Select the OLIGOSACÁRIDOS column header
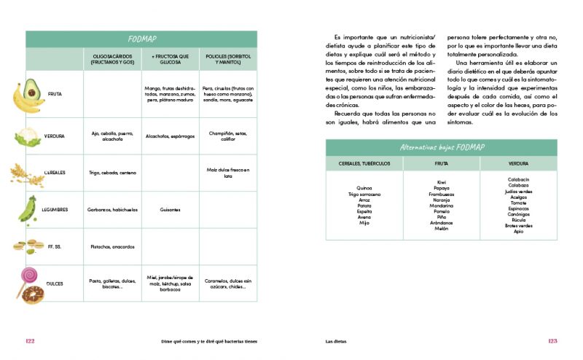click(x=111, y=59)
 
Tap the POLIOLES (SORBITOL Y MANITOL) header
click(x=227, y=59)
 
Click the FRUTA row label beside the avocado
click(x=55, y=94)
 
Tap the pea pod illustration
click(x=28, y=208)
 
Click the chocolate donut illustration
click(x=32, y=294)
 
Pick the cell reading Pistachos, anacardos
click(x=111, y=246)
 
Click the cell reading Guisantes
click(x=170, y=210)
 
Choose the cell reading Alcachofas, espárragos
click(x=170, y=136)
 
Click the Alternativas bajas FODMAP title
click(x=441, y=147)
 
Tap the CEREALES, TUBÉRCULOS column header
click(x=364, y=163)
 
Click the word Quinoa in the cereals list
click(x=364, y=187)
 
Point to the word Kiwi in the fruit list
click(x=442, y=182)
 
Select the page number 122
click(x=30, y=341)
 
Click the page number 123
click(x=552, y=341)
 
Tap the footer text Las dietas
click(x=337, y=341)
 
